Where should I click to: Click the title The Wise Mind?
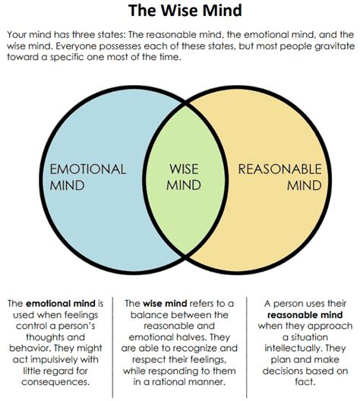click(x=179, y=12)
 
